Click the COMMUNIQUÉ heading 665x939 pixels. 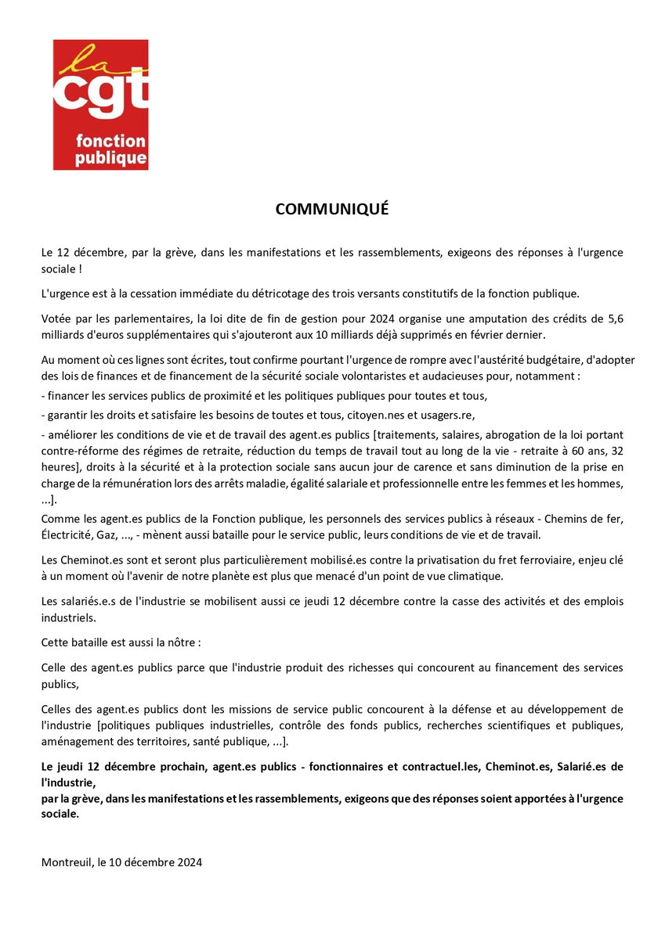332,210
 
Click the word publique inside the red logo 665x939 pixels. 110,157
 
